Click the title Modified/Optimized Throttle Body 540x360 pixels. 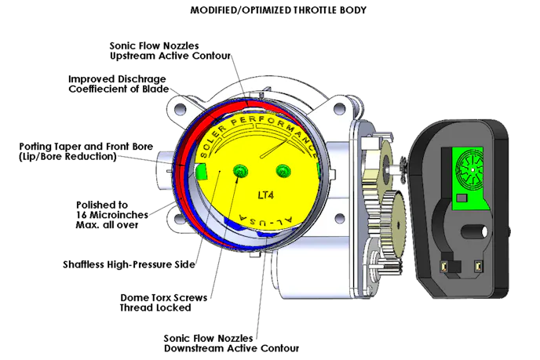(279, 10)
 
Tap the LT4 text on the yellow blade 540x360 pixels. (266, 195)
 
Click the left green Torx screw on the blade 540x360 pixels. (240, 171)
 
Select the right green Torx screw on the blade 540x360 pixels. (283, 171)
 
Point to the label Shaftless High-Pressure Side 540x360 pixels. (129, 264)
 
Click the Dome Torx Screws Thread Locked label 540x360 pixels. (163, 303)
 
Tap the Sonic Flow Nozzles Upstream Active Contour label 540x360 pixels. (170, 51)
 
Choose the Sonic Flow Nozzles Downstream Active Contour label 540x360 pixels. (232, 343)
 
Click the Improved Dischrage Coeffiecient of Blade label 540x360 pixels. (119, 84)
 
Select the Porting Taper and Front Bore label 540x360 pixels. (86, 151)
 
